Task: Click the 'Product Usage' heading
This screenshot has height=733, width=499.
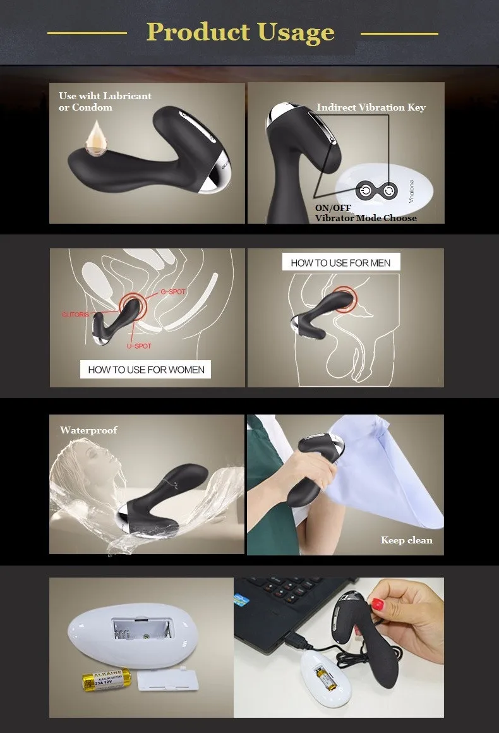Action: click(240, 32)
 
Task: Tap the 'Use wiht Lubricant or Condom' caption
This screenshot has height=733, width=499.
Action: click(105, 102)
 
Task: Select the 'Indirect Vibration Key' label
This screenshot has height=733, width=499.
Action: click(371, 107)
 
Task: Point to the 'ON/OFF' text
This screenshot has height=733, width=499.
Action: click(333, 208)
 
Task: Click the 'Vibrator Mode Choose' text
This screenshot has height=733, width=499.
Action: click(366, 218)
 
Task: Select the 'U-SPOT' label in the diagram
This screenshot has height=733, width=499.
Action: click(138, 346)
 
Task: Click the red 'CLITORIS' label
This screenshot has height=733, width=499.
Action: click(76, 314)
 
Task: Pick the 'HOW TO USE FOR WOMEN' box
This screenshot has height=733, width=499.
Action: click(145, 370)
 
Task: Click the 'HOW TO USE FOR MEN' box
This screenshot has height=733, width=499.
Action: click(340, 262)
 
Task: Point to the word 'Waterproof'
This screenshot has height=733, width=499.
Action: click(88, 430)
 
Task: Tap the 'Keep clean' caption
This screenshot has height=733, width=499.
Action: click(406, 540)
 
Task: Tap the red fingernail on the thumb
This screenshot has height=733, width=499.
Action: click(378, 604)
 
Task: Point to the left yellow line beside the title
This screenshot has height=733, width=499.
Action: click(87, 32)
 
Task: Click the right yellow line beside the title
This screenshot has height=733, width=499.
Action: click(399, 32)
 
